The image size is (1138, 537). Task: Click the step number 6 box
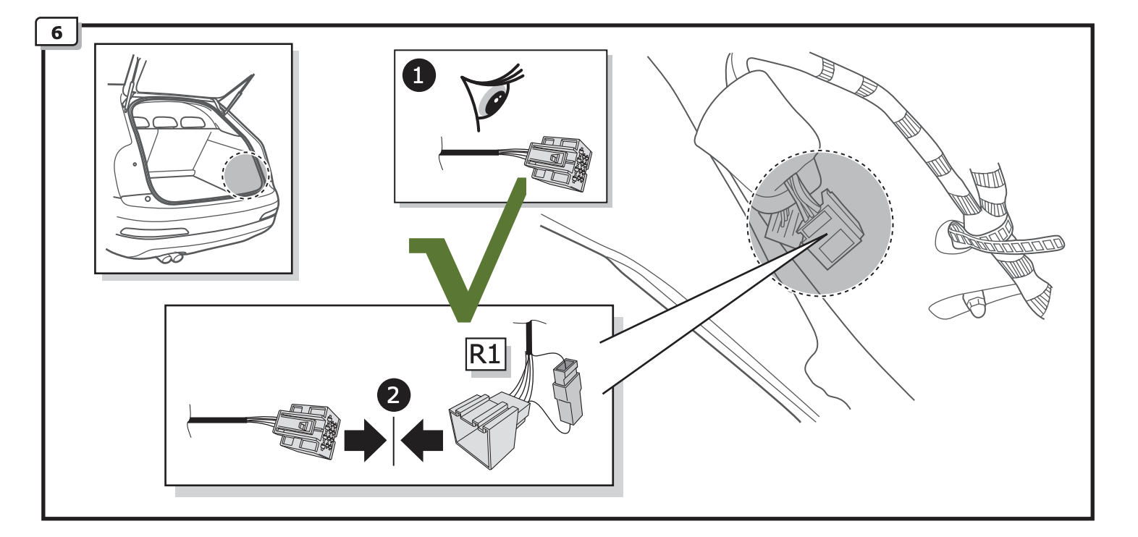(x=56, y=33)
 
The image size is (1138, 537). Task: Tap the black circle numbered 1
(x=418, y=75)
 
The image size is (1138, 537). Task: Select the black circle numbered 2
(x=393, y=395)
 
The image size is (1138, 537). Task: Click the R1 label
(x=485, y=355)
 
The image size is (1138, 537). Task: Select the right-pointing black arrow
(x=364, y=440)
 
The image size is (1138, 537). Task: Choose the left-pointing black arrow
(x=423, y=440)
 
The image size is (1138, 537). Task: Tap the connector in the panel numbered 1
(x=558, y=163)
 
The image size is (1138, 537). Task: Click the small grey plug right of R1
(x=567, y=391)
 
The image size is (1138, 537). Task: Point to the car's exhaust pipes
(x=172, y=258)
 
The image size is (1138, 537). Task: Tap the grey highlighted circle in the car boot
(x=245, y=175)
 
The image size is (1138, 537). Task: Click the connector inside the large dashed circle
(x=825, y=232)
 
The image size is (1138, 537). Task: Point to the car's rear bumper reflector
(x=153, y=232)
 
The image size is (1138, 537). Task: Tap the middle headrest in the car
(x=165, y=122)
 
